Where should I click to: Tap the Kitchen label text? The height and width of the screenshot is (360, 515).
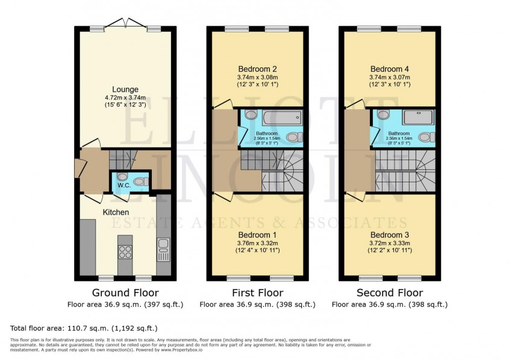(x=116, y=213)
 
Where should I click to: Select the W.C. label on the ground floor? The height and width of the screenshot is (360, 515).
(x=124, y=185)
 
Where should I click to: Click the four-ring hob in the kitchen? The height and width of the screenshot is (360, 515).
(x=125, y=252)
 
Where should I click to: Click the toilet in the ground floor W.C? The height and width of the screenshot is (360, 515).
(x=140, y=181)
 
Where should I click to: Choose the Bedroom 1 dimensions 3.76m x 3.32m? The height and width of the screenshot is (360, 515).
(x=257, y=243)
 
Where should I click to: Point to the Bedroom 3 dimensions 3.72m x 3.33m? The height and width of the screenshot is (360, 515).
(x=390, y=243)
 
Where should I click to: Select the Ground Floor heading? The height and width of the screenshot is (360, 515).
(x=125, y=293)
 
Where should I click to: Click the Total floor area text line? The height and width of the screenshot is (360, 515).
(x=84, y=328)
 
